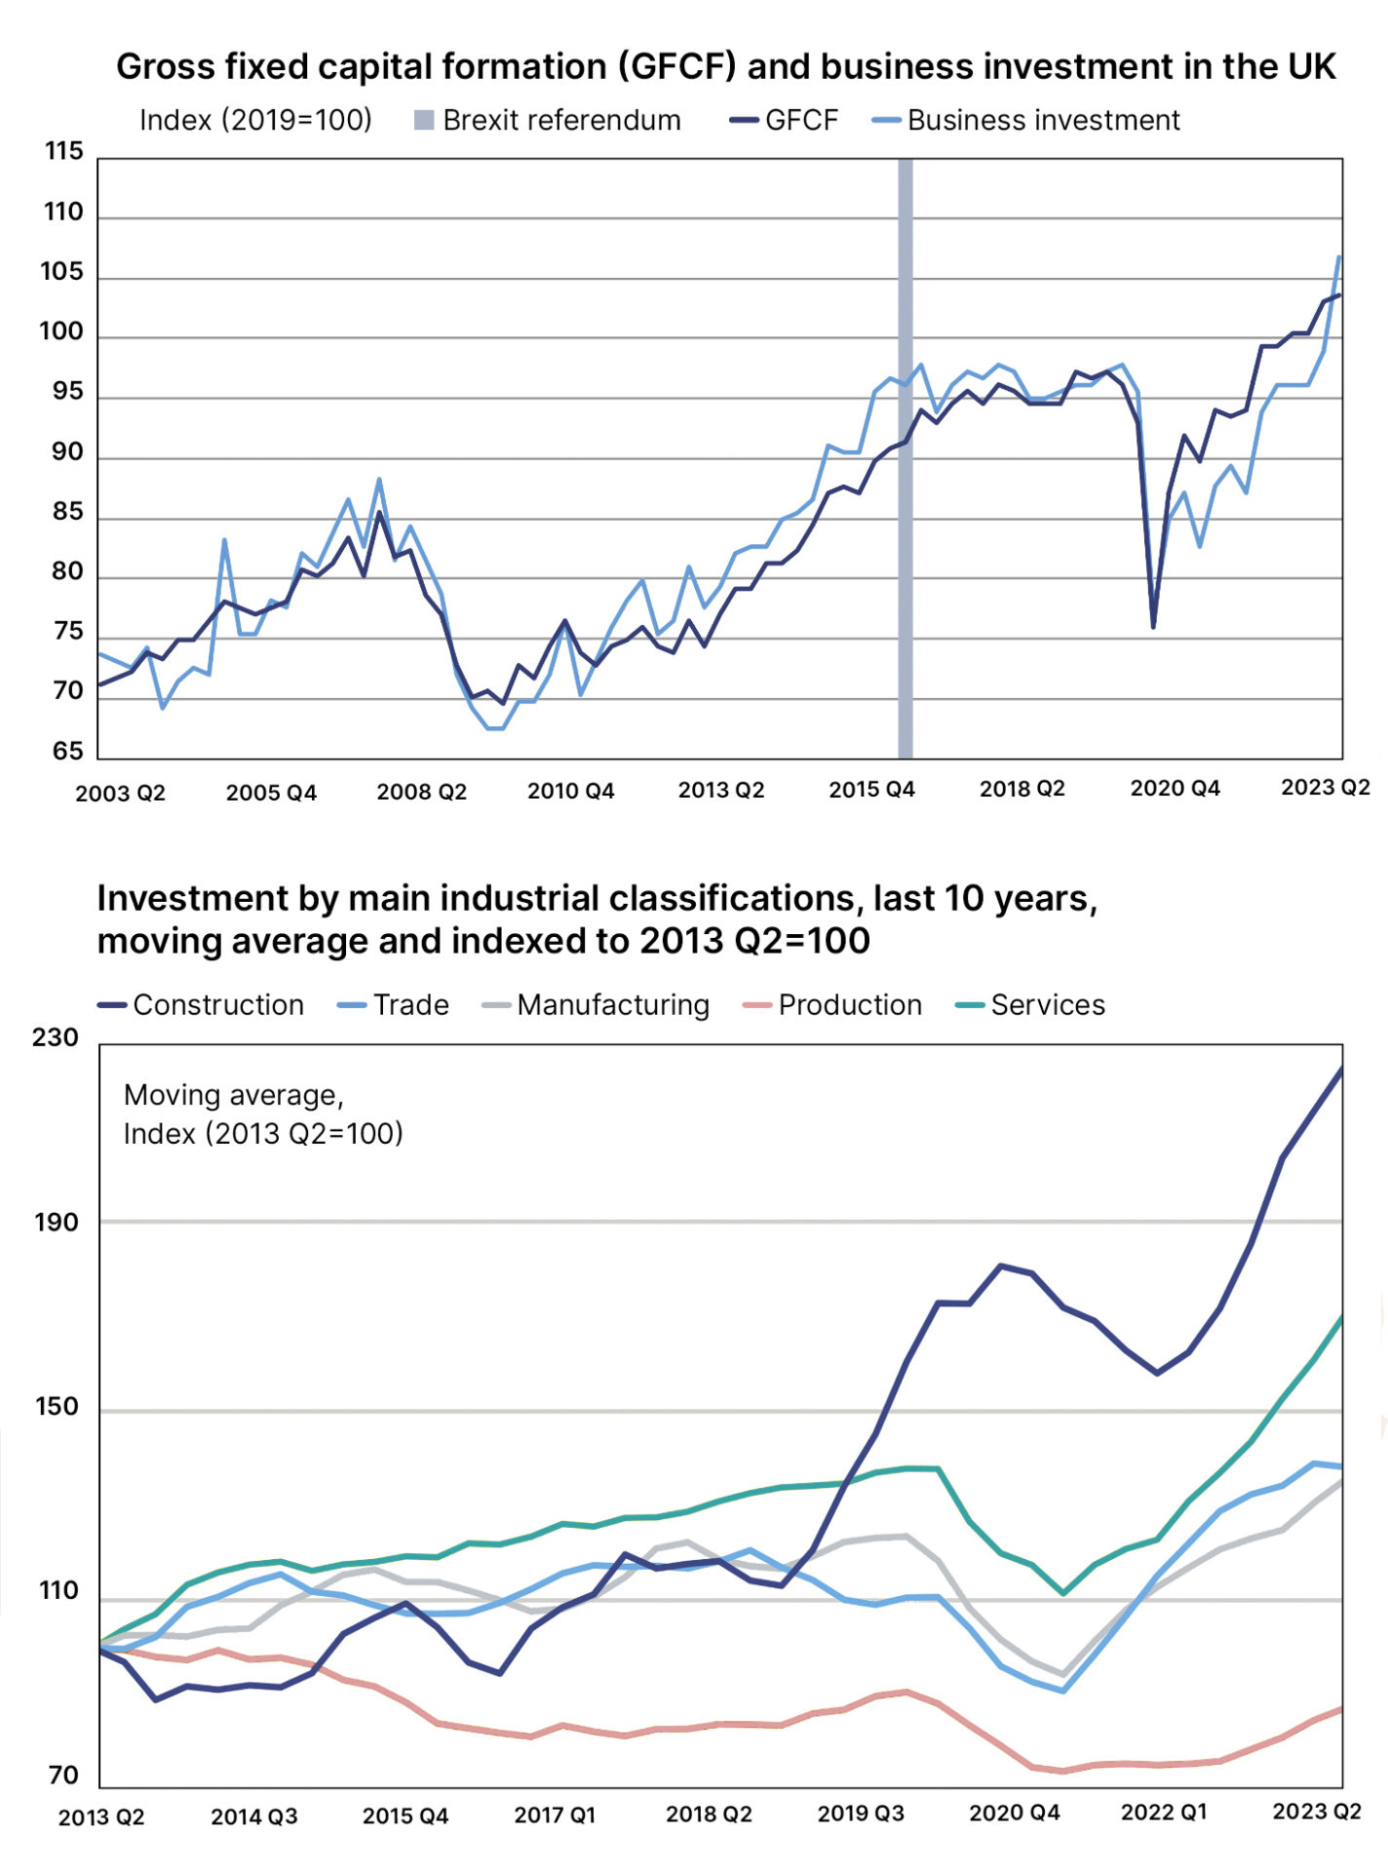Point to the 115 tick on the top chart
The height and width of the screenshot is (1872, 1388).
(63, 151)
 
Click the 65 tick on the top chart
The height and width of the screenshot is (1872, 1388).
(67, 751)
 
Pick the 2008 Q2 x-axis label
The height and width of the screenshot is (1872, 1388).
(421, 792)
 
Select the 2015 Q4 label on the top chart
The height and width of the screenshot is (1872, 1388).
(871, 790)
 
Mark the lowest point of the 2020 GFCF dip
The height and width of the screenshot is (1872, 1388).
(1153, 626)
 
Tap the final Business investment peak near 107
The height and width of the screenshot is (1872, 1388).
(1339, 257)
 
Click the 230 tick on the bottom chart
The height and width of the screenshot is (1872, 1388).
(56, 1037)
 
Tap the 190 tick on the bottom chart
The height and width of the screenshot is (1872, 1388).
(56, 1223)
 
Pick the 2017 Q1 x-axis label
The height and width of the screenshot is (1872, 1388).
(555, 1814)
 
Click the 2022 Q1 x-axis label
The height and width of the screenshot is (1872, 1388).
(1164, 1813)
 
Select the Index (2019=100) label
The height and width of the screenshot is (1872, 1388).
(255, 120)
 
